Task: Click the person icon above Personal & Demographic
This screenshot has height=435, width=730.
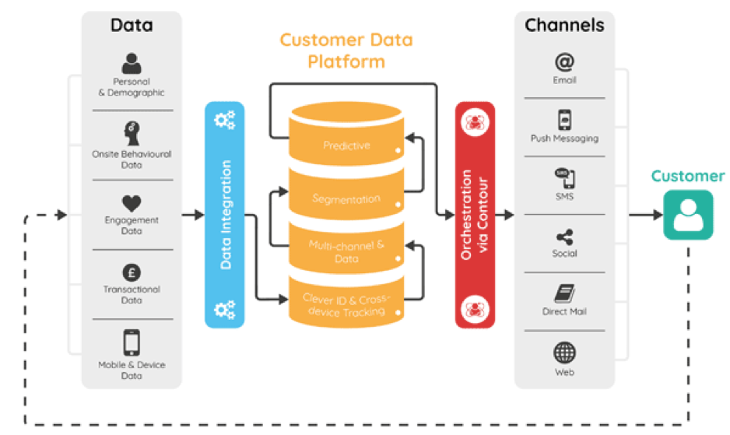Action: tap(132, 63)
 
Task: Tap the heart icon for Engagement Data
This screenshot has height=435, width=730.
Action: tap(132, 204)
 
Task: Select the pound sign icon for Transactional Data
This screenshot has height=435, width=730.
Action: tap(132, 272)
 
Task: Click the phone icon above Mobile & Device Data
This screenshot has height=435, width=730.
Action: tap(132, 342)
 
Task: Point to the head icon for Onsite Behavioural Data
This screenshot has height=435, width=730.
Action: tap(132, 134)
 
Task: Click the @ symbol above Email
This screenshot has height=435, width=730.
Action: tap(564, 62)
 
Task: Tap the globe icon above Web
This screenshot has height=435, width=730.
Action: tap(564, 353)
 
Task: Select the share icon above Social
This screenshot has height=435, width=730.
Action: tap(564, 237)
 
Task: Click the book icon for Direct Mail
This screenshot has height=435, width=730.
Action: tap(564, 293)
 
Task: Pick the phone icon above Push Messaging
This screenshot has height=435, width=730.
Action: tap(564, 120)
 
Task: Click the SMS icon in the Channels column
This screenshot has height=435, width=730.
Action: tap(564, 178)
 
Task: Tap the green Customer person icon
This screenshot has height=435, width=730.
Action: tap(688, 215)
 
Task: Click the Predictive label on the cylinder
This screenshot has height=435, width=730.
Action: tap(346, 146)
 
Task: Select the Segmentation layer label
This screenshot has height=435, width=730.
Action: tap(346, 199)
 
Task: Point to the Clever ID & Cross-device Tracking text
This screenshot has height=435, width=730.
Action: tap(346, 305)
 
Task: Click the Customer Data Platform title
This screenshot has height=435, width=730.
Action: tap(346, 51)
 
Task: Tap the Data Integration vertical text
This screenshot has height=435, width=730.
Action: tap(226, 215)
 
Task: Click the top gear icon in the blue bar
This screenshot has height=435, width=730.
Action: tap(224, 120)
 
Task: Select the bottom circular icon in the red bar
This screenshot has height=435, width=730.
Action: tap(475, 309)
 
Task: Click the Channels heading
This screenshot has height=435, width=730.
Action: tap(564, 25)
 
